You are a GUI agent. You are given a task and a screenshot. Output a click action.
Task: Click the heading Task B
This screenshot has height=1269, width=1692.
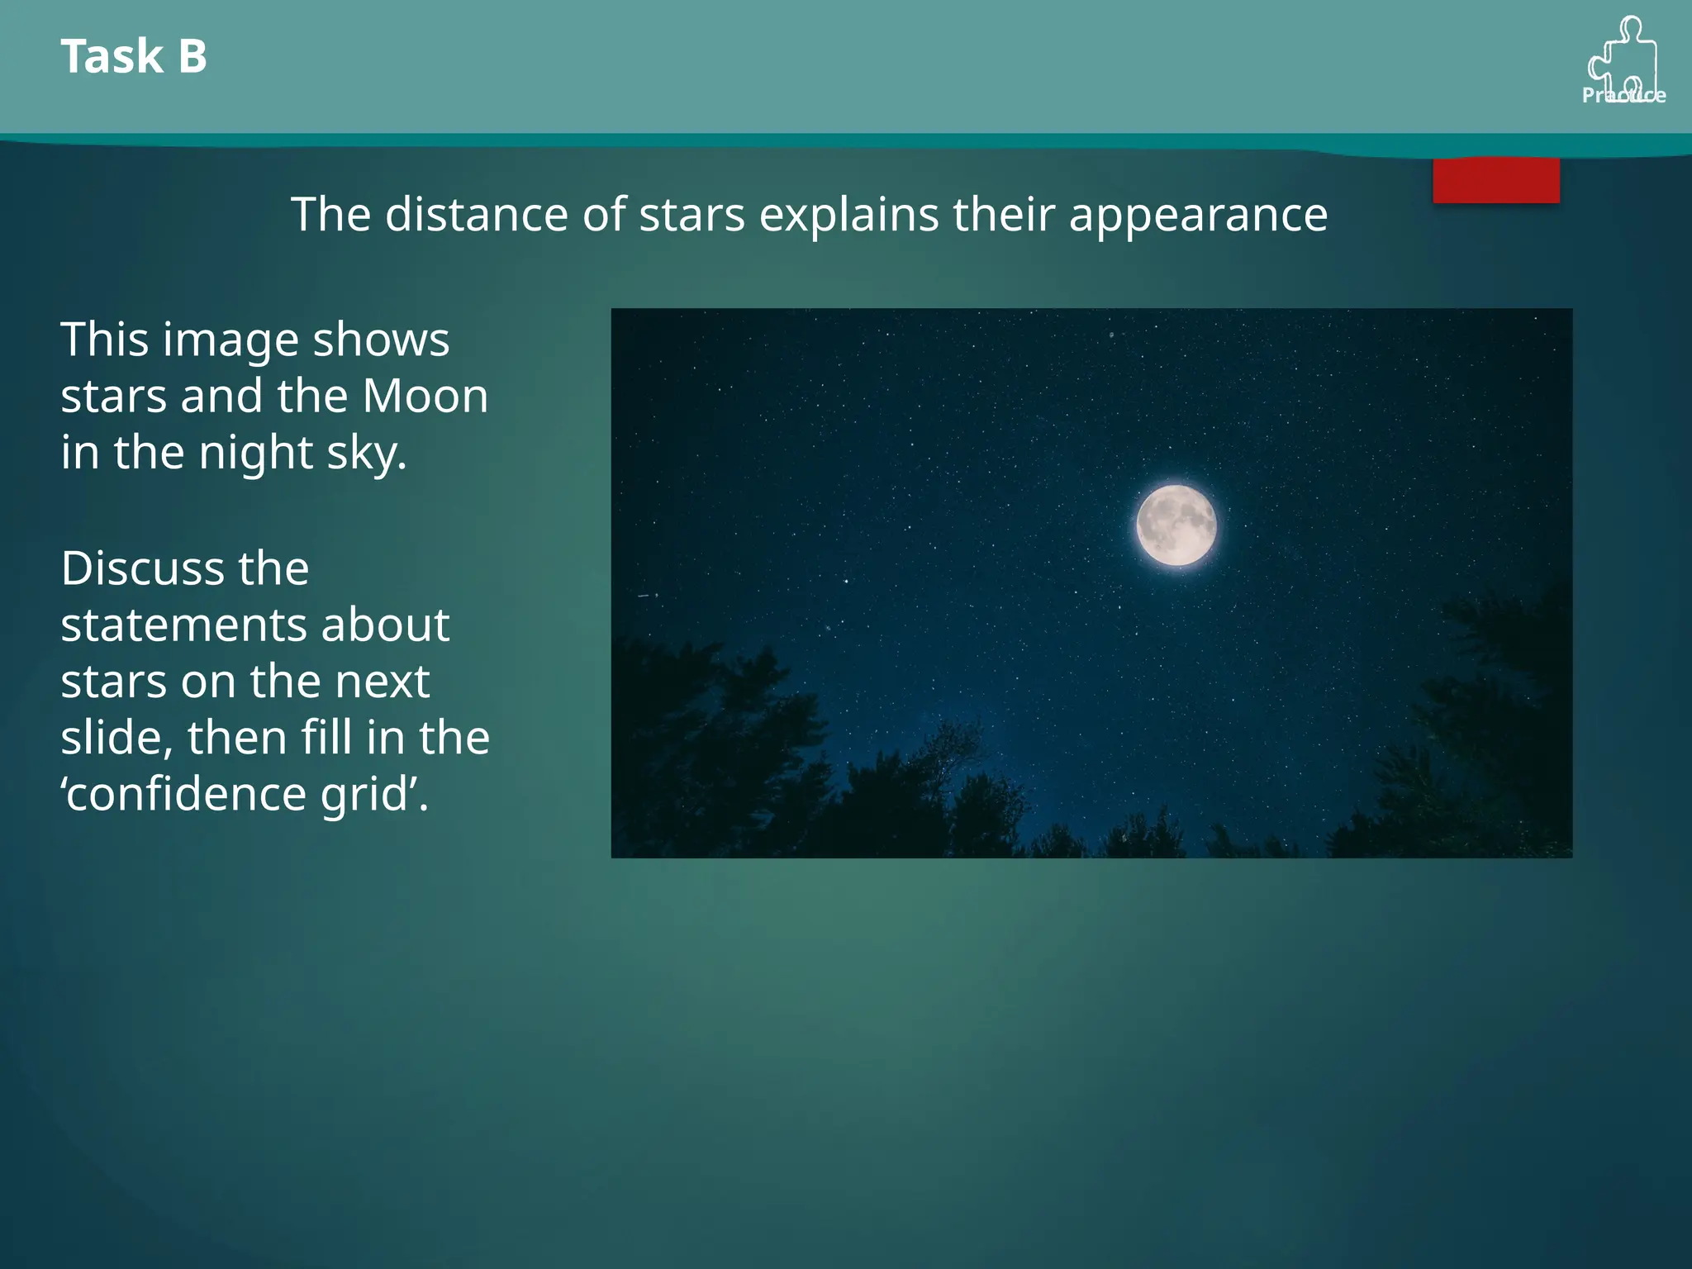134,56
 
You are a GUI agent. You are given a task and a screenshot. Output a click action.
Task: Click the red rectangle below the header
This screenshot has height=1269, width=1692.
1495,180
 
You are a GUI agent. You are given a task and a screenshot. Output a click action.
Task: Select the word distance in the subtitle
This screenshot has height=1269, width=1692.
476,215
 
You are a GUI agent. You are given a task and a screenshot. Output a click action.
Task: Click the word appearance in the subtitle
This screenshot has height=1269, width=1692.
1197,215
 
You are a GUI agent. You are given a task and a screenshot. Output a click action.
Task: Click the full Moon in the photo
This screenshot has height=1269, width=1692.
1176,525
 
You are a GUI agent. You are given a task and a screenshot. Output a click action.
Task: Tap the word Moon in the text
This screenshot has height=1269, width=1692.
425,396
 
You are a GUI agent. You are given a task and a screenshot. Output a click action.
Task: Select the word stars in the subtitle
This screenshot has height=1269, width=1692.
692,215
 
